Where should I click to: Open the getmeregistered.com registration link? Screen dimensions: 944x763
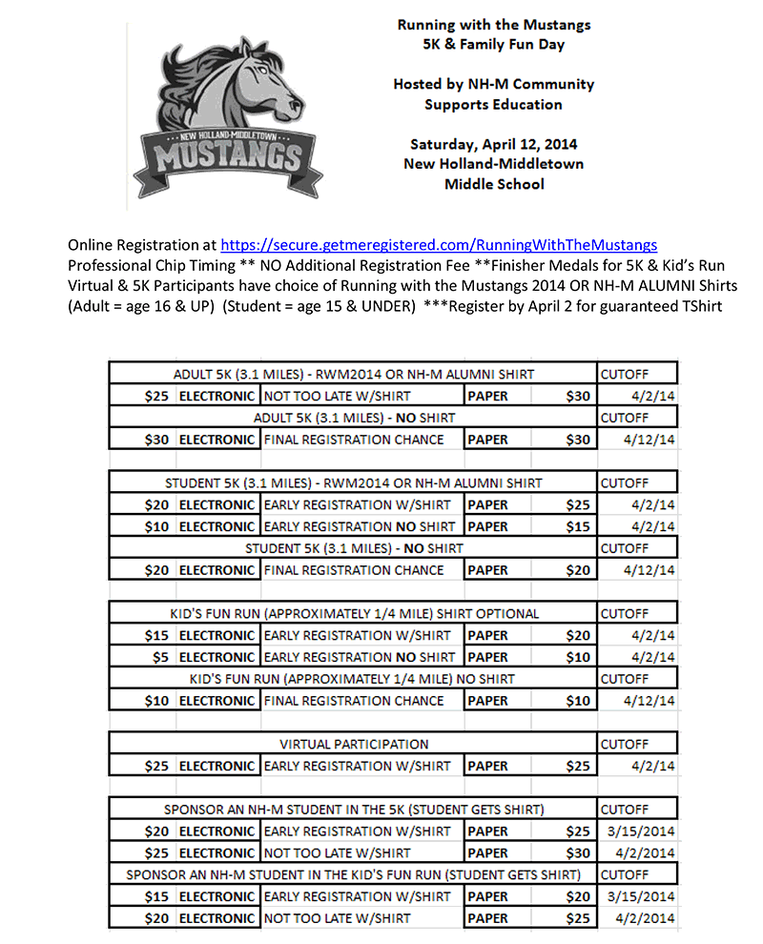tap(439, 245)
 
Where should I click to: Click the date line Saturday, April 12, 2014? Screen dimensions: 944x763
tap(493, 145)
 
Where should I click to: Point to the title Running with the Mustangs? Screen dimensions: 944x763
tap(493, 25)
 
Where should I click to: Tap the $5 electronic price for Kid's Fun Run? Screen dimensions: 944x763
tap(159, 657)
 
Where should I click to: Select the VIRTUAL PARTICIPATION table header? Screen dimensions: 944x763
tap(354, 744)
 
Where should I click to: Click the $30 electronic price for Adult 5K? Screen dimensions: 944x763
tap(156, 440)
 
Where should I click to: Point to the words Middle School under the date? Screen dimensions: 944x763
tap(493, 184)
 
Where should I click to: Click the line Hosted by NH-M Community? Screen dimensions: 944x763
tap(493, 84)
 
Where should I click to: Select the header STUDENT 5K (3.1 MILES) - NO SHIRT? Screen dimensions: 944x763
tap(354, 548)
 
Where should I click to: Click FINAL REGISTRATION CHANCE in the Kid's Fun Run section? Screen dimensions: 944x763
tap(354, 701)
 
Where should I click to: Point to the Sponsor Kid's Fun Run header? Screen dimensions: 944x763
tap(354, 874)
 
